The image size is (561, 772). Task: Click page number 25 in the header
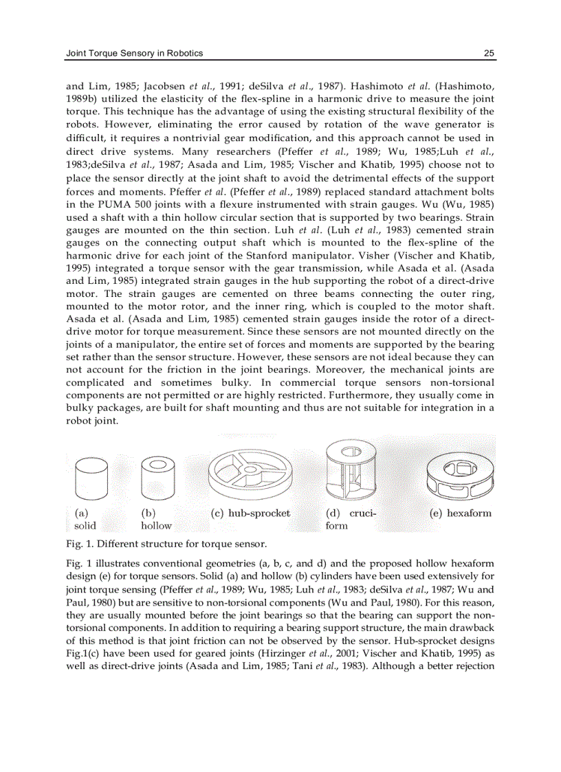489,53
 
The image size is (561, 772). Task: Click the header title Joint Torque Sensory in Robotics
133,53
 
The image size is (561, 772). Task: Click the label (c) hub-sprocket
250,513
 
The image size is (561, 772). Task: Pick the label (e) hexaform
460,513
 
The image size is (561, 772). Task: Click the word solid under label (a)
85,526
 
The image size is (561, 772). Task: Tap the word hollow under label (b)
156,526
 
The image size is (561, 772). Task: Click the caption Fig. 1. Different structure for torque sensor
166,544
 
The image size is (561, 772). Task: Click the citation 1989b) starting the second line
82,99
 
